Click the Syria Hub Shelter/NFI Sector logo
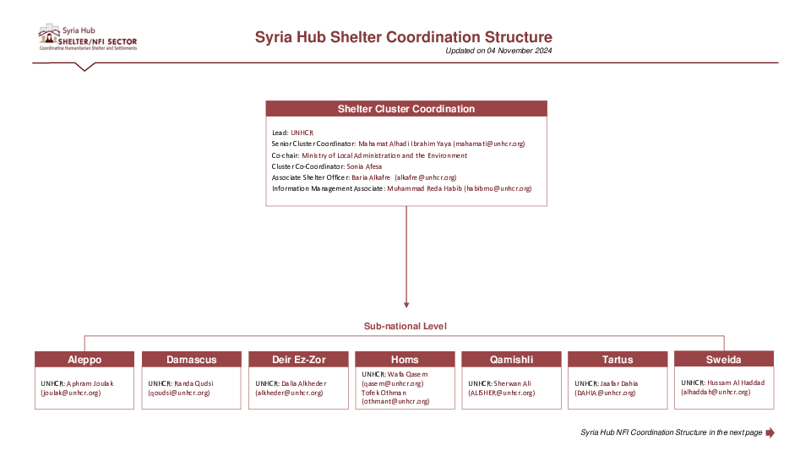tap(87, 37)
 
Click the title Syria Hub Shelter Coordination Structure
tap(404, 37)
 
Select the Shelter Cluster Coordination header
tap(406, 109)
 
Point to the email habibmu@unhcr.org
tap(498, 188)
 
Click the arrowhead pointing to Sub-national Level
tap(406, 304)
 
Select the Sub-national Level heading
tap(405, 326)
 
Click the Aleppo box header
tap(84, 360)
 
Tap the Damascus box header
tap(191, 360)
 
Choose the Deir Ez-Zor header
tap(298, 360)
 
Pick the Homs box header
tap(405, 360)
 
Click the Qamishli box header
tap(511, 360)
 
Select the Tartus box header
tap(618, 360)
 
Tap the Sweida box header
tap(724, 360)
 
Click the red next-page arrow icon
tap(770, 432)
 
